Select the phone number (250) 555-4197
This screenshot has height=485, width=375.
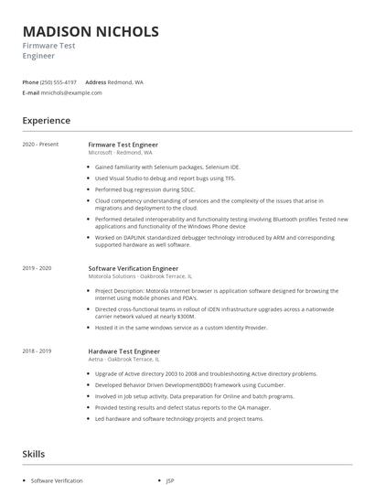59,81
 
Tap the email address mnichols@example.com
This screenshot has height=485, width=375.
71,92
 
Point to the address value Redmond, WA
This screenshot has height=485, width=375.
125,81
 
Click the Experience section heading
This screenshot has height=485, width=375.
47,120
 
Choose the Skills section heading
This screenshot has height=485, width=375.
33,453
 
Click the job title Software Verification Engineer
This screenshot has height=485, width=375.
133,268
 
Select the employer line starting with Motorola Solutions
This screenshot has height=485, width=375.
139,276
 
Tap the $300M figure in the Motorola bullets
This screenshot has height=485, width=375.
252,317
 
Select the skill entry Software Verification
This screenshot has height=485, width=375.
57,480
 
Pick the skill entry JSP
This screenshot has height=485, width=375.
170,480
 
